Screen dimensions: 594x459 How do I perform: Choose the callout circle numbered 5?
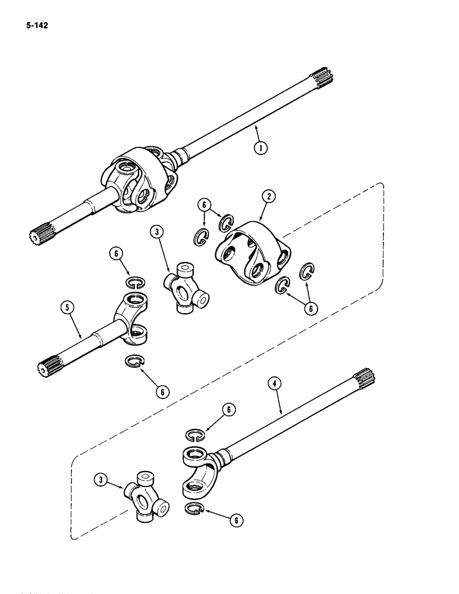point(68,308)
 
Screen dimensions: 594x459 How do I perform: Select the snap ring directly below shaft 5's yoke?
point(135,361)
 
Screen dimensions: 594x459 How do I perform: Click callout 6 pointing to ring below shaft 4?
point(237,519)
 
